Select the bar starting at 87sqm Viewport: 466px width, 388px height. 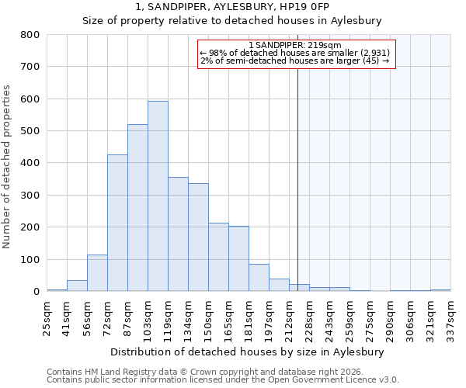pos(137,208)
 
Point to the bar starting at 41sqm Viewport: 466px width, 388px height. pos(77,286)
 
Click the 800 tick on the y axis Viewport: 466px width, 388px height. pos(30,35)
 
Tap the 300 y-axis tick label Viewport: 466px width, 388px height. pos(30,196)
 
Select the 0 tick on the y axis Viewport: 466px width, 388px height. pos(36,292)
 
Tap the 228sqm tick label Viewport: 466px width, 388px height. pos(309,317)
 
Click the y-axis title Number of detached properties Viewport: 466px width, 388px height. pos(8,163)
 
